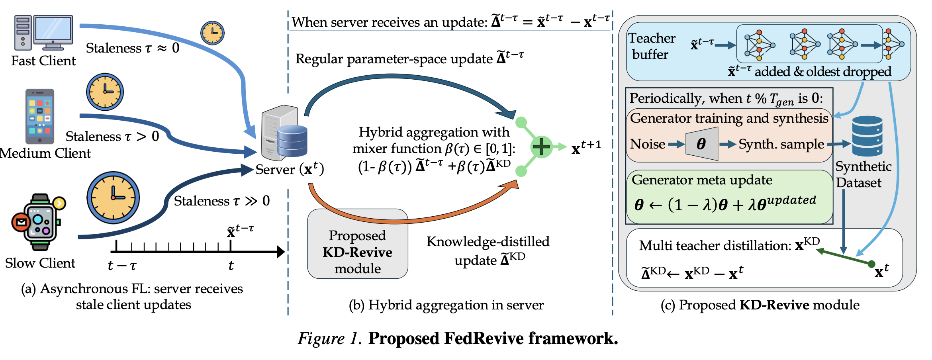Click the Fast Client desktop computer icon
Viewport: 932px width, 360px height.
pos(43,33)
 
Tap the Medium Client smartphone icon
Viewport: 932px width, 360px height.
pos(40,116)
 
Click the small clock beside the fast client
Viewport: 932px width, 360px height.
pos(212,33)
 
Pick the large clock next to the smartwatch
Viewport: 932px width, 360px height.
pos(113,198)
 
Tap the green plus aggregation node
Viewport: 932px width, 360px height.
pos(542,147)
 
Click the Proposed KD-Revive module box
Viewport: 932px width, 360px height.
pos(358,244)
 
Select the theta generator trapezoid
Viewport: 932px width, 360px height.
pos(702,144)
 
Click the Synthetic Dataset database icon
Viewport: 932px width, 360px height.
pos(867,136)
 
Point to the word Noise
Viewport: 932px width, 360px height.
pos(648,144)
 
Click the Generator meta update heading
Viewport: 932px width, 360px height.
pos(702,180)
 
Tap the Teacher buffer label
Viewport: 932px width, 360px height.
pos(652,46)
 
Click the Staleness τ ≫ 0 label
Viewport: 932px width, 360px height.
pos(222,201)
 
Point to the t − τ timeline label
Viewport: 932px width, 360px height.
pos(122,265)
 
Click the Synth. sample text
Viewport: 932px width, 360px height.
pos(781,144)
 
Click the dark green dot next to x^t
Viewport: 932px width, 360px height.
pos(871,264)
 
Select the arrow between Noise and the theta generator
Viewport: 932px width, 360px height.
pos(676,144)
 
